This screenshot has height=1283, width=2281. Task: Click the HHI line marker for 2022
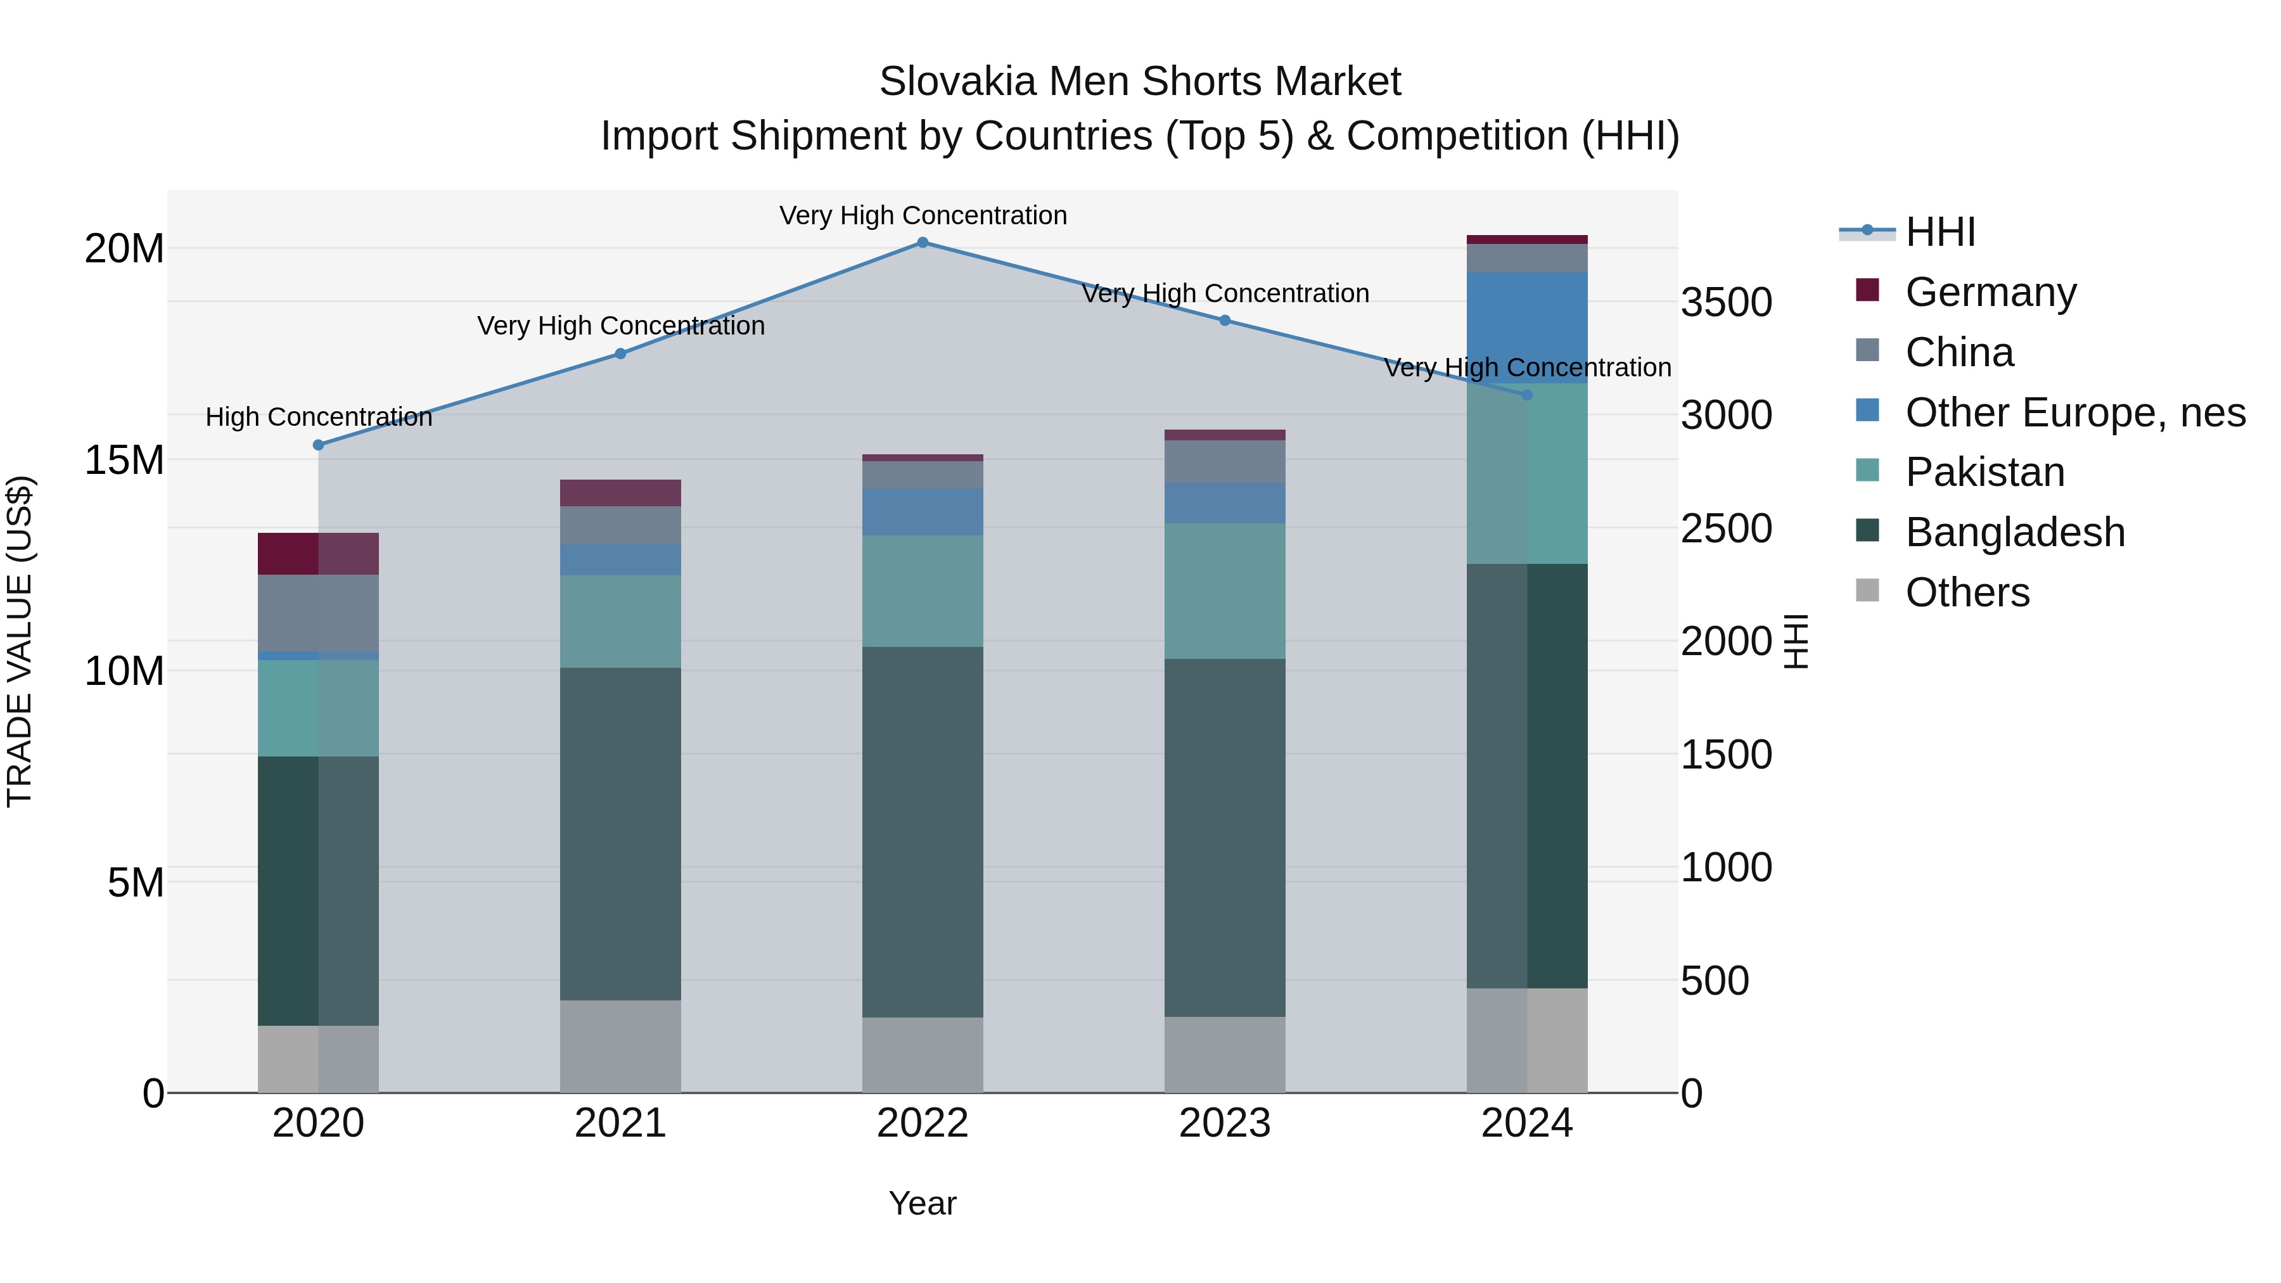(922, 243)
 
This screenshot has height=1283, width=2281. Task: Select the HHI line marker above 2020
(318, 445)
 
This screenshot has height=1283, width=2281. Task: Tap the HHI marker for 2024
(1526, 395)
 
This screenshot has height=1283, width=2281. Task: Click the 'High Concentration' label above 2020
(319, 417)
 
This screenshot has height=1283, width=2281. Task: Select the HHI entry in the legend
(1939, 232)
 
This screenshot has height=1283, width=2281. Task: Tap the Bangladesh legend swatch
(1867, 530)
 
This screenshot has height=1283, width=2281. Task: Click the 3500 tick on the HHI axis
(1726, 303)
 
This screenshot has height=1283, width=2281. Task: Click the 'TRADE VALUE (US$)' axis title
(20, 641)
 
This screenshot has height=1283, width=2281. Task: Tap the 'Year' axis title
(922, 1203)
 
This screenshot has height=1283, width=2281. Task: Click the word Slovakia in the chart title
(956, 82)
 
